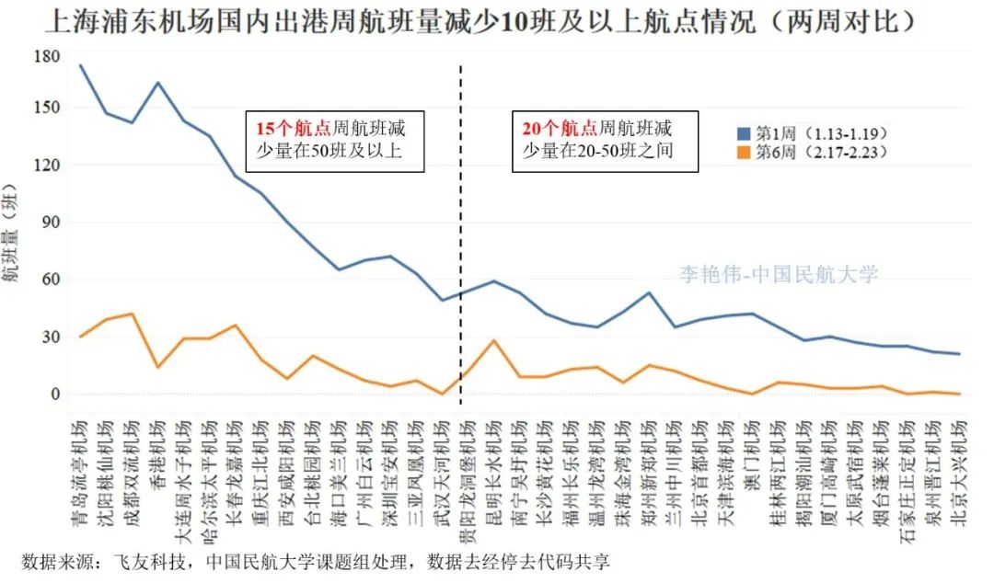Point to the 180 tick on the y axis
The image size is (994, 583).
46,57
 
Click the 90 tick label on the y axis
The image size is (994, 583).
50,222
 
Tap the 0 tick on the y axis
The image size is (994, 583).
55,394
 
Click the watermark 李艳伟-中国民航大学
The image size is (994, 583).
779,274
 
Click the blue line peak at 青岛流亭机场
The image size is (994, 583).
81,65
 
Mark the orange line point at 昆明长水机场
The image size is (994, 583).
494,340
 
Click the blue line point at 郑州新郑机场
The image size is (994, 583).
649,292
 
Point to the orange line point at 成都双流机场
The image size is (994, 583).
133,314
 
